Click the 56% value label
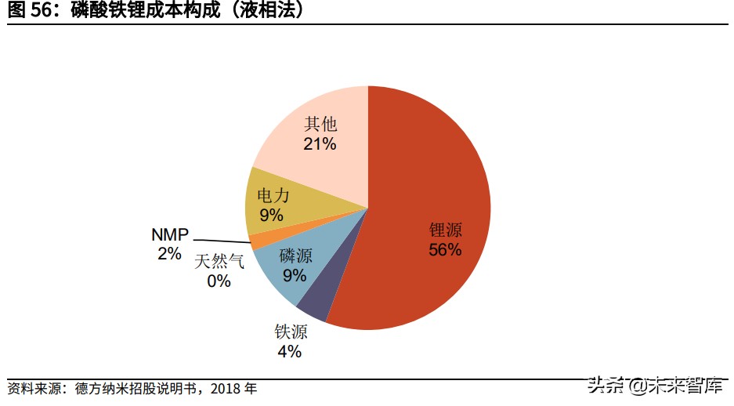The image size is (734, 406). (445, 250)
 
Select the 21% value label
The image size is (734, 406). (320, 143)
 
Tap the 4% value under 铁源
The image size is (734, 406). (289, 351)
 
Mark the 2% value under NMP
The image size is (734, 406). (168, 253)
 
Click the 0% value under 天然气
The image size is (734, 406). (219, 281)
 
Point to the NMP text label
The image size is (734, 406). (171, 234)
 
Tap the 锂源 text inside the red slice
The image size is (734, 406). (445, 230)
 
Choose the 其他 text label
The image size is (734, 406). (320, 124)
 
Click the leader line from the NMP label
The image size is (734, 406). (223, 240)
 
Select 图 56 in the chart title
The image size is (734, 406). (28, 12)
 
